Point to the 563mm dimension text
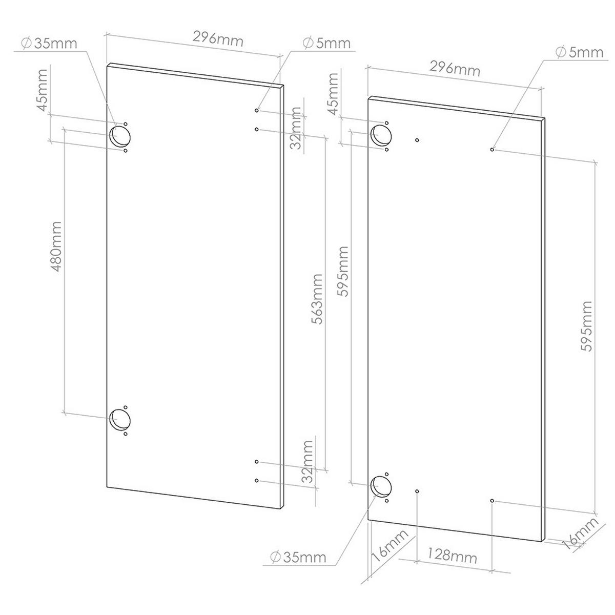[317, 300]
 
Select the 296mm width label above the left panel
[217, 38]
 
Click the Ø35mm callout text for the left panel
[50, 43]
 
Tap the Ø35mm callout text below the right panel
[299, 557]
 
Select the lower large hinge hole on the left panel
[120, 420]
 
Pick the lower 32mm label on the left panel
[307, 461]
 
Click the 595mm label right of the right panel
[586, 326]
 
